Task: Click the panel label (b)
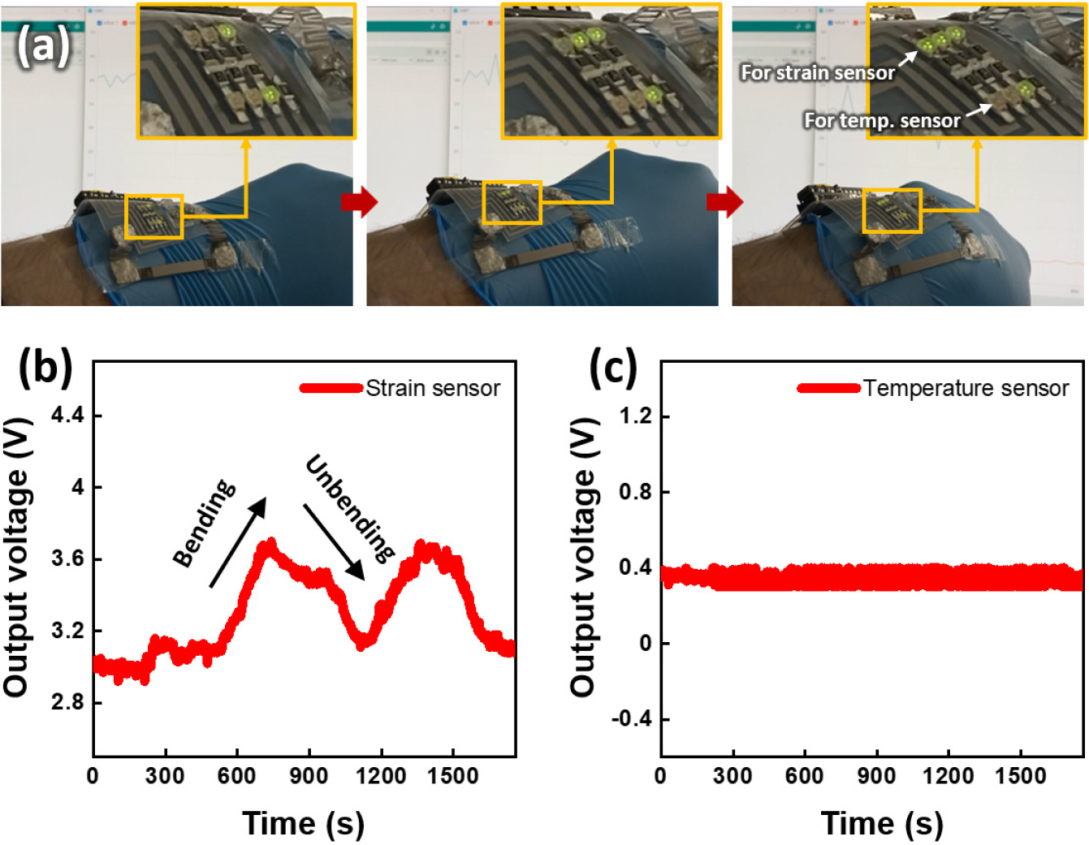click(x=45, y=367)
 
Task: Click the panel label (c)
click(x=612, y=367)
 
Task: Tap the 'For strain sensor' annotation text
click(x=817, y=73)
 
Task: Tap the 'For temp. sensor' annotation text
click(x=882, y=121)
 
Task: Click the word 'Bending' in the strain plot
click(x=205, y=523)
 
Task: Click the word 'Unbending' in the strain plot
click(x=350, y=508)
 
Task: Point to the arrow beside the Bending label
click(x=238, y=541)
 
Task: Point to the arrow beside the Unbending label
click(x=334, y=541)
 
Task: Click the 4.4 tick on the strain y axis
click(x=67, y=416)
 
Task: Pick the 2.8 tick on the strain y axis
click(x=67, y=702)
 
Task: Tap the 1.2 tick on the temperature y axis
click(x=635, y=416)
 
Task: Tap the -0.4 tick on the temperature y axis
click(x=632, y=719)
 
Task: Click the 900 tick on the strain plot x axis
click(x=309, y=776)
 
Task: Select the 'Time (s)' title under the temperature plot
click(x=882, y=823)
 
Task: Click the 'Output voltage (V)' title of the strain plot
click(x=16, y=558)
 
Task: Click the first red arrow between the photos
click(x=360, y=201)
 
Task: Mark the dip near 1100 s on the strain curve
click(x=362, y=641)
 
